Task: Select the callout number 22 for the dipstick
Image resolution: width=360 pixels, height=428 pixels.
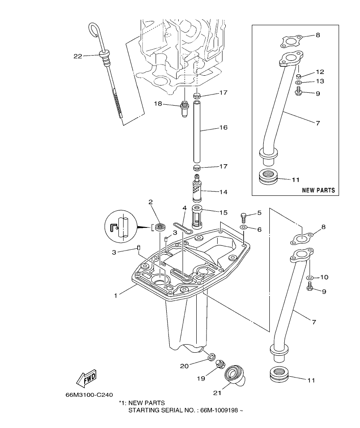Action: (77, 56)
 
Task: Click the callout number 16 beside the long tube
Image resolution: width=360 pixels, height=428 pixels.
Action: (223, 127)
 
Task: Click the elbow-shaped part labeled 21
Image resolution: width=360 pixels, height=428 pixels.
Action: (235, 374)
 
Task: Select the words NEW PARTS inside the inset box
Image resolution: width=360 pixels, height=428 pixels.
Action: (318, 190)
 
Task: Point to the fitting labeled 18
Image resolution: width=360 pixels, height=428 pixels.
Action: (185, 109)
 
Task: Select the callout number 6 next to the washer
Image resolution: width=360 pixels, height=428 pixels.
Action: (259, 230)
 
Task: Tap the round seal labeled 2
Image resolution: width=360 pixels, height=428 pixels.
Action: (161, 227)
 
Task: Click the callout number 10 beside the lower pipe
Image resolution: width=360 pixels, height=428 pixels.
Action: (324, 277)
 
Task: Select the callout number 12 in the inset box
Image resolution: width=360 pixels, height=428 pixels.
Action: (320, 72)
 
